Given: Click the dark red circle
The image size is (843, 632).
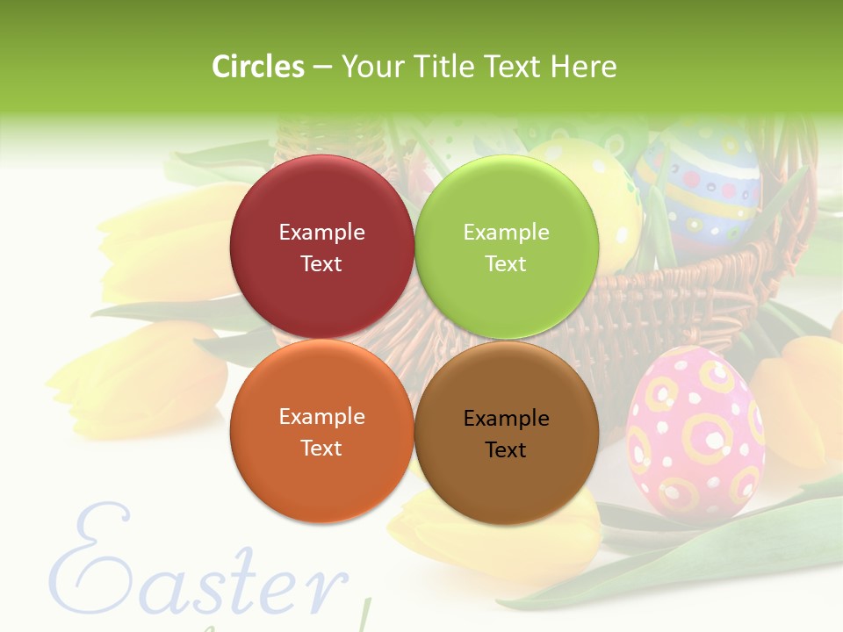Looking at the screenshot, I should (x=321, y=247).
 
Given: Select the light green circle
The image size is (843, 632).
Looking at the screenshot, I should (x=507, y=247).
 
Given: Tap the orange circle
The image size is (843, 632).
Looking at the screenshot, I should (x=321, y=431).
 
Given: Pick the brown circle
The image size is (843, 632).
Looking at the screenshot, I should (x=507, y=431).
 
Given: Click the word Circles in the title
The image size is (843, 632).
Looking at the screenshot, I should (x=258, y=66).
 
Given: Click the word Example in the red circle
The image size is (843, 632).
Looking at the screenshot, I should (x=321, y=233).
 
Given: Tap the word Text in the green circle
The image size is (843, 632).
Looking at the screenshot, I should (x=506, y=263).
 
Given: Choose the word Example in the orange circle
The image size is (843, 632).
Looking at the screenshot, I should (x=321, y=417).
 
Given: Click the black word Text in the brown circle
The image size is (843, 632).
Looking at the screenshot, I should (x=506, y=449).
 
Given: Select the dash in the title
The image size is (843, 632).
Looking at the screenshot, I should (x=322, y=68).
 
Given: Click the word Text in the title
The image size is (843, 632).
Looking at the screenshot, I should (x=513, y=66).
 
